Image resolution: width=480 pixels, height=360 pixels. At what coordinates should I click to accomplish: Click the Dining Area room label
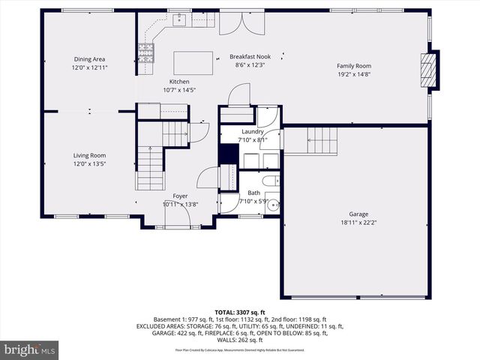[90, 59]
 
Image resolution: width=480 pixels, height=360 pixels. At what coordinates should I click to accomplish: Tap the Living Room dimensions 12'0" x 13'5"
[90, 163]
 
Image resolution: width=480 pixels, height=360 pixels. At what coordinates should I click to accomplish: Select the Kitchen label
[179, 81]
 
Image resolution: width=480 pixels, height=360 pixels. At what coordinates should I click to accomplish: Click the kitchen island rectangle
[193, 61]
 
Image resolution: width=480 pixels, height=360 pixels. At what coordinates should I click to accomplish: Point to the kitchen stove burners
[145, 52]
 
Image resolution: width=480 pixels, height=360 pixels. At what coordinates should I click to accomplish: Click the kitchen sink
[180, 19]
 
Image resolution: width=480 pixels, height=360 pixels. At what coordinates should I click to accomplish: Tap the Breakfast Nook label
[250, 57]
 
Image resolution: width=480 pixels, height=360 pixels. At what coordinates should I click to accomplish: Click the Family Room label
[353, 66]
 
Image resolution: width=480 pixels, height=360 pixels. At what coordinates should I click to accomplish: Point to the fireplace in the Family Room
[429, 70]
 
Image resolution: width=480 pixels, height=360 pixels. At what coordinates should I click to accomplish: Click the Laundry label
[252, 131]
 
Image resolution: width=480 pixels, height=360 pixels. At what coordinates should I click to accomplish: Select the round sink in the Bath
[273, 203]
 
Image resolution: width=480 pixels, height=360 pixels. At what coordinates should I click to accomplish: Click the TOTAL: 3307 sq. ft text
[240, 312]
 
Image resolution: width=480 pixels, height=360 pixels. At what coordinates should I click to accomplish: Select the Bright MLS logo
[30, 349]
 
